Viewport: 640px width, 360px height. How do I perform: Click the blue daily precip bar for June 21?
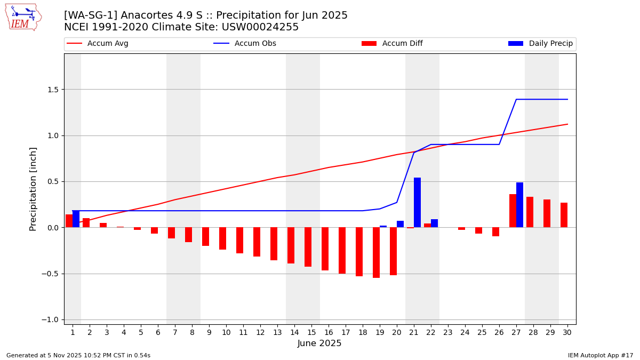click(x=417, y=203)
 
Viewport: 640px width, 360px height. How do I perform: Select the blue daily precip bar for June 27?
click(x=519, y=205)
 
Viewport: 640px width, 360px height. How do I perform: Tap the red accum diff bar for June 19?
click(x=376, y=252)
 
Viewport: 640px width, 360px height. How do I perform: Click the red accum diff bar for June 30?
click(x=564, y=215)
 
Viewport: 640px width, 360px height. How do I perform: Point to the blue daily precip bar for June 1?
click(x=76, y=219)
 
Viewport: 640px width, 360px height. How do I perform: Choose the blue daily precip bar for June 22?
click(x=434, y=223)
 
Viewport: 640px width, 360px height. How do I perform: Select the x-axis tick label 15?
click(x=311, y=333)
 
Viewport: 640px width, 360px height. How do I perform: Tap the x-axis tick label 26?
click(x=499, y=333)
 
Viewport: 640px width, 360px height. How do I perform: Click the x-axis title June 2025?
click(x=319, y=344)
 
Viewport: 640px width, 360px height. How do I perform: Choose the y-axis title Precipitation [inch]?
click(x=33, y=189)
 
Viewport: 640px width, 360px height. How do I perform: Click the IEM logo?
click(x=23, y=18)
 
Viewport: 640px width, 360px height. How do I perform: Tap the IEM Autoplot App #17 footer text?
click(x=600, y=356)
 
